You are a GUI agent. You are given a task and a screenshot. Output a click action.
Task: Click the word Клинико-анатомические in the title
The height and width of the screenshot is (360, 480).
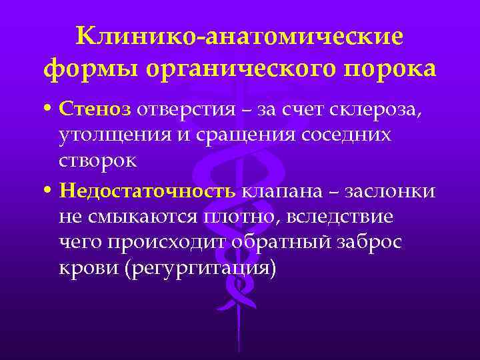pos(240,37)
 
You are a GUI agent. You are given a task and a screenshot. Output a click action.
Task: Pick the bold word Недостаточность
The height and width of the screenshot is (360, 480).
pos(147,191)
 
